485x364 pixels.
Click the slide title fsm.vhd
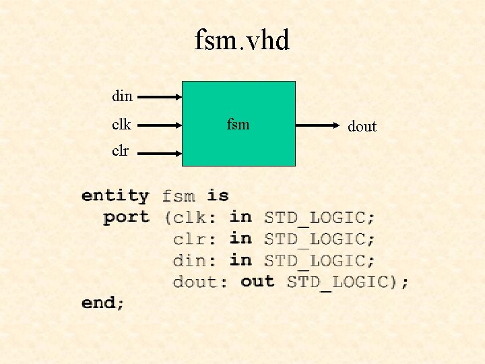242,41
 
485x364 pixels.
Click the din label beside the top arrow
122,96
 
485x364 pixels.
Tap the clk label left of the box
122,125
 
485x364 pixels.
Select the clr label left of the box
121,151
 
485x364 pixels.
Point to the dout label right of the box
362,126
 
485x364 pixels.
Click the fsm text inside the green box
238,124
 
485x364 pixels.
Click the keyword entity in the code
115,196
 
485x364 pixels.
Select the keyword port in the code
126,217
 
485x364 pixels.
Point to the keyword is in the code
218,195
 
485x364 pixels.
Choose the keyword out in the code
257,281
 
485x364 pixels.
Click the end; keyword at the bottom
103,303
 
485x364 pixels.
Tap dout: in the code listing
200,282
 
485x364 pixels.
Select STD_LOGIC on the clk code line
319,218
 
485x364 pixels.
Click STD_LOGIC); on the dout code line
348,282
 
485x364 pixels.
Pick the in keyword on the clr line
240,239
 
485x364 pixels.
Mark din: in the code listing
195,260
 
